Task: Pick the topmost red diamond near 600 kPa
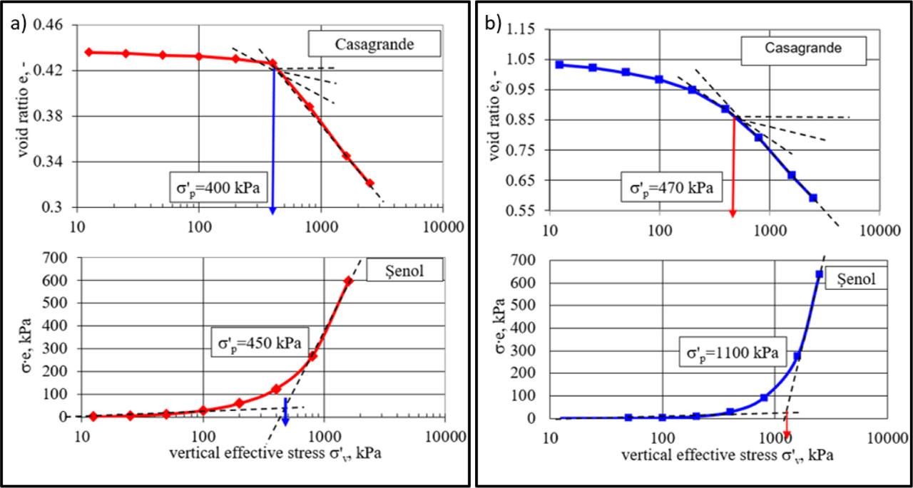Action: pyautogui.click(x=348, y=281)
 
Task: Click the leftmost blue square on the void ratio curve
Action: pyautogui.click(x=560, y=64)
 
